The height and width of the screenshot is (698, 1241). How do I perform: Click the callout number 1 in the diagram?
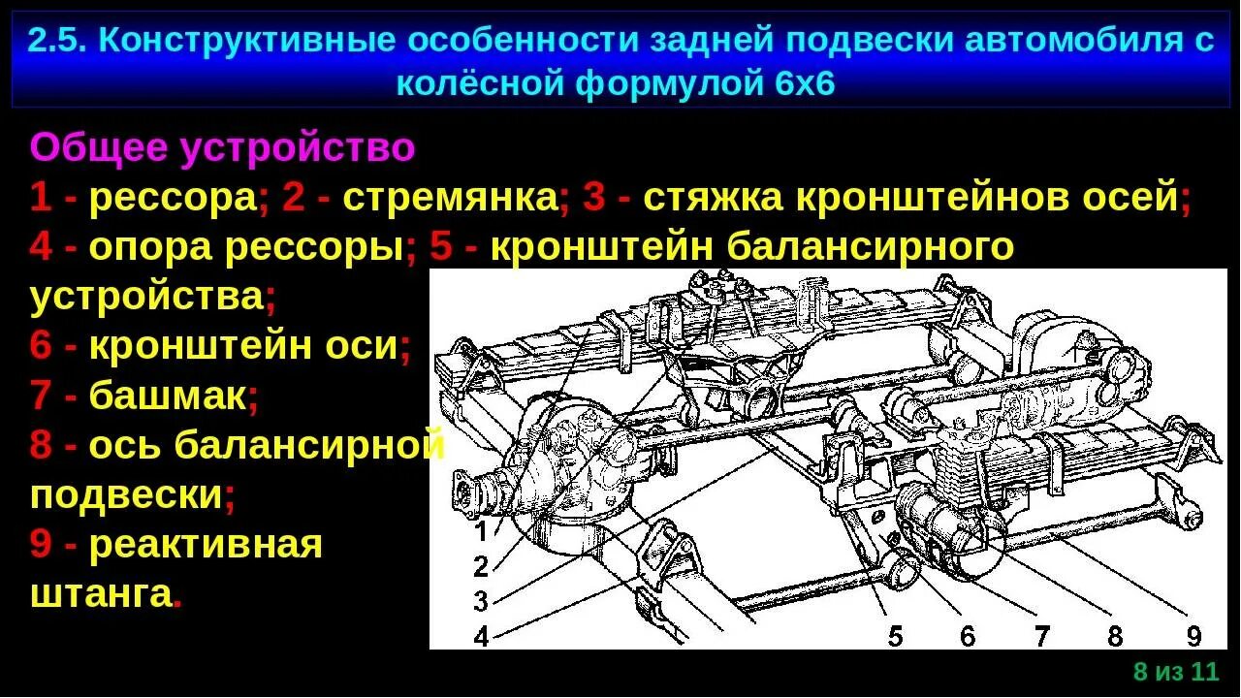pos(481,531)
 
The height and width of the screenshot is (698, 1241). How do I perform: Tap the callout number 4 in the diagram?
pos(481,636)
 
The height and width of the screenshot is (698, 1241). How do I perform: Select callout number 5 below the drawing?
pos(895,636)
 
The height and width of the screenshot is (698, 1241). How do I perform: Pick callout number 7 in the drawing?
pos(1041,636)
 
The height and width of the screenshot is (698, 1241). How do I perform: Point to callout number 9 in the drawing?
pos(1193,636)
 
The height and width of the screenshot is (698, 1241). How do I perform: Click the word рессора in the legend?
pos(174,199)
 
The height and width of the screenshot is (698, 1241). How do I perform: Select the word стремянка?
pos(450,199)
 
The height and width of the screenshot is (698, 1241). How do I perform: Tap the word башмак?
pos(168,396)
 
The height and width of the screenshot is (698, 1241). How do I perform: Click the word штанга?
pos(101,593)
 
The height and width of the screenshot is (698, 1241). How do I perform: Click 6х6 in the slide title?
pos(805,83)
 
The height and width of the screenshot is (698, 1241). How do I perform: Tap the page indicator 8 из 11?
pos(1175,672)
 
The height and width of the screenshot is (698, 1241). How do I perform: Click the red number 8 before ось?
pos(41,446)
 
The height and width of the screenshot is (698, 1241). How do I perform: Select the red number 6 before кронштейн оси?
pos(41,346)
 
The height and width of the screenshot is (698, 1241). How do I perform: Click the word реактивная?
pos(206,544)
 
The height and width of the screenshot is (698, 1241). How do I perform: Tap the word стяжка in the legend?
pos(712,199)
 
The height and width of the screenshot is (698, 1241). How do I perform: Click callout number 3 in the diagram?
pos(481,601)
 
